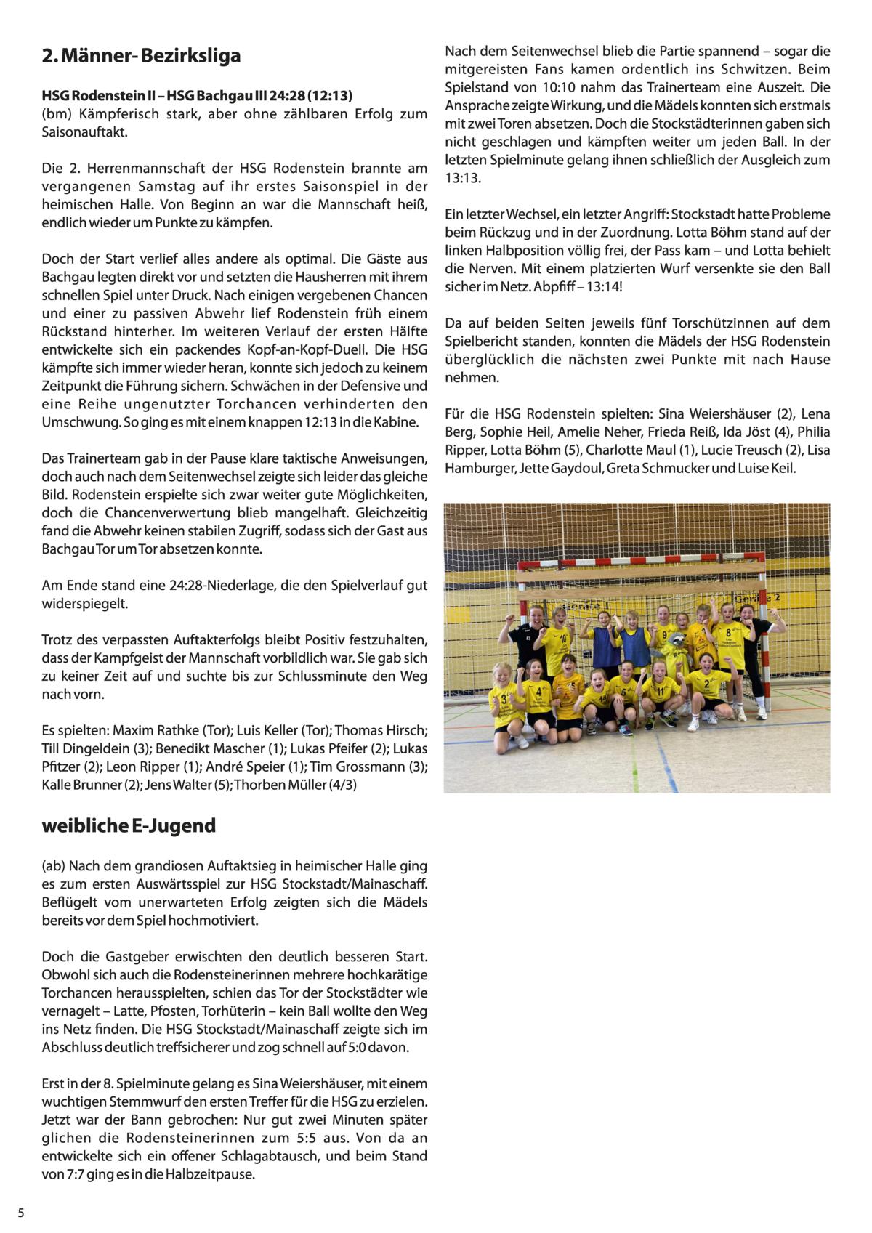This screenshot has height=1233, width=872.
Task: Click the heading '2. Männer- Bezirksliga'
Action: point(141,56)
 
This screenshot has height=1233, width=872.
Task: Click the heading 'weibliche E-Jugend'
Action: point(129,826)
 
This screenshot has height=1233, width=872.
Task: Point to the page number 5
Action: point(21,1213)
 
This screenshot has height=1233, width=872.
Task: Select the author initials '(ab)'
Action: point(54,866)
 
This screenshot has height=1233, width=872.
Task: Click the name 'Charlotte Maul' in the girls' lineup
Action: point(631,450)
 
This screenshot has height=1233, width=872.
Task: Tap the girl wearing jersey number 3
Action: point(505,701)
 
